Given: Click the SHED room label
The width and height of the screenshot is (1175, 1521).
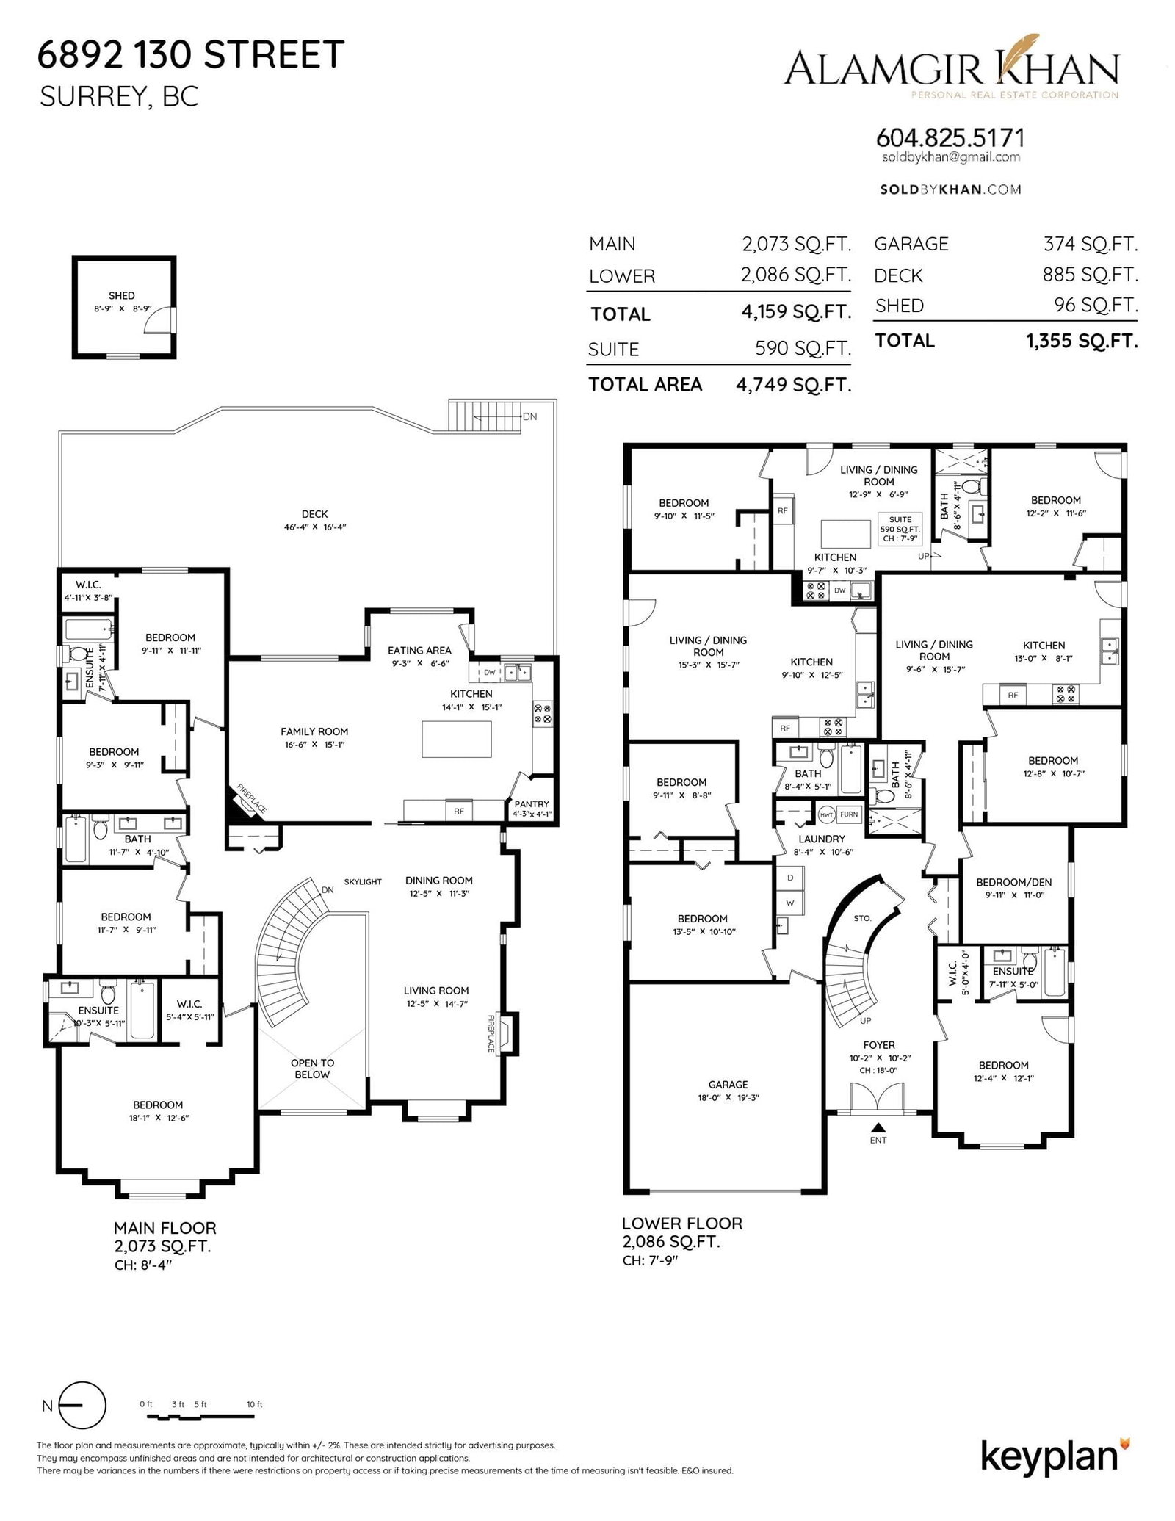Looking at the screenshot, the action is click(x=121, y=295).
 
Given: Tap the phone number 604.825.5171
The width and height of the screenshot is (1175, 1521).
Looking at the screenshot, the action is click(x=950, y=137).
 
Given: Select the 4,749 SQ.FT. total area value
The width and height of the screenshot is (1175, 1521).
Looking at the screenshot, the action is click(x=794, y=385).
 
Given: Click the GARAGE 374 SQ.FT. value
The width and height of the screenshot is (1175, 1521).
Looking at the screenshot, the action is click(x=1091, y=244).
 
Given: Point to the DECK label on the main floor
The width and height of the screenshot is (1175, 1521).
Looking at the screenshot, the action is click(x=314, y=514).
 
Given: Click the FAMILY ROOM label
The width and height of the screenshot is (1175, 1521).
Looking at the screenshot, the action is click(x=314, y=731).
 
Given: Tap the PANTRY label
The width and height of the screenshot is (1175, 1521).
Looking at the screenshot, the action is click(x=532, y=804).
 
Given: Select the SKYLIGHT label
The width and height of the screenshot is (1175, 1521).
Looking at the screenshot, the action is click(x=363, y=881).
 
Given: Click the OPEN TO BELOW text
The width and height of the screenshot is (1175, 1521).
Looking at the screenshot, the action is click(x=312, y=1069).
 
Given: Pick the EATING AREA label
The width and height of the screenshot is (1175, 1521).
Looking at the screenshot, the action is click(x=419, y=650).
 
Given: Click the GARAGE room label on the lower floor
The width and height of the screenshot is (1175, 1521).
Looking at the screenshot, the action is click(x=728, y=1084).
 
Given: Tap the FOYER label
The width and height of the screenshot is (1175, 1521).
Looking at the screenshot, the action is click(x=879, y=1044).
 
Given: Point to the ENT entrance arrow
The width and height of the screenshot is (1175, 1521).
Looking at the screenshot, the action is click(x=878, y=1127).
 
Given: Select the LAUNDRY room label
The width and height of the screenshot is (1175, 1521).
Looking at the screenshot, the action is click(x=822, y=839).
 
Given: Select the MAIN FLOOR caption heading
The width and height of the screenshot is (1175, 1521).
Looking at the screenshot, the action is click(x=164, y=1227).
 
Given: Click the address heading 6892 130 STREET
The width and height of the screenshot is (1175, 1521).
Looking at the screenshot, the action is click(x=191, y=55).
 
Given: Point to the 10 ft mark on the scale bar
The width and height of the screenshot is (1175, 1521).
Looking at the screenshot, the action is click(x=255, y=1404).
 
